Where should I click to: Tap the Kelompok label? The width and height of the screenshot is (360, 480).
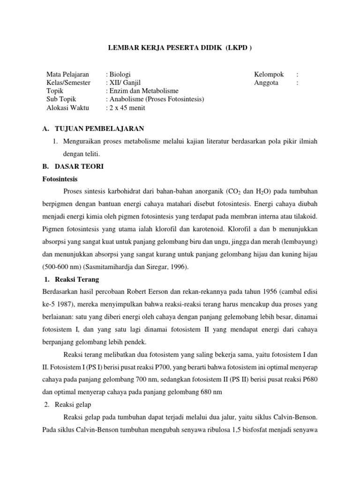269,74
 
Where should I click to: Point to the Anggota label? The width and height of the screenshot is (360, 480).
266,82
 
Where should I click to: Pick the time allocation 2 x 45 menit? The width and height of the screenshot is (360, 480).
127,108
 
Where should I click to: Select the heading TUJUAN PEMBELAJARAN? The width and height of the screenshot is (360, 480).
99,128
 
